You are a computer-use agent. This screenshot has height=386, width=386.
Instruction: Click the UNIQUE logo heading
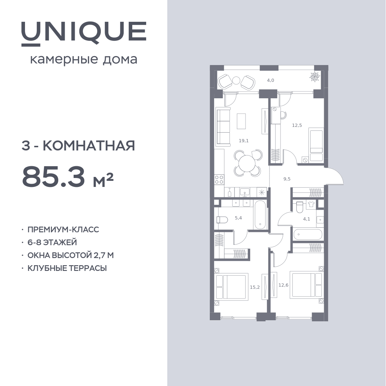(x=84, y=34)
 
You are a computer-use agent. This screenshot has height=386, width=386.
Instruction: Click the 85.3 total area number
(x=53, y=176)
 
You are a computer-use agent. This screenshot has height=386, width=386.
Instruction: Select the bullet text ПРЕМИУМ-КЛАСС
(x=63, y=229)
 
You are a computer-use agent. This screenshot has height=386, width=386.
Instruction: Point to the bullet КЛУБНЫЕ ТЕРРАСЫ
(x=67, y=268)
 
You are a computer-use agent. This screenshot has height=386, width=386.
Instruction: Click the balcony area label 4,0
(x=271, y=80)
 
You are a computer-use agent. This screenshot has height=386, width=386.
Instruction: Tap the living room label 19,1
(x=244, y=141)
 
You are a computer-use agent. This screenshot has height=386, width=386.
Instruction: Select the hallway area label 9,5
(x=287, y=179)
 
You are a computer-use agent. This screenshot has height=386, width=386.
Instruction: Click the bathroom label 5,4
(x=238, y=218)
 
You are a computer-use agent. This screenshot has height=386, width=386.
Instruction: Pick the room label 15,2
(x=255, y=287)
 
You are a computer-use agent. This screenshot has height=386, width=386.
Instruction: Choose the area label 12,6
(x=283, y=285)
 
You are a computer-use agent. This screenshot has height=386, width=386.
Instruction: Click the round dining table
(x=247, y=163)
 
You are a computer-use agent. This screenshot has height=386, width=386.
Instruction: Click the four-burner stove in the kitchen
(x=219, y=179)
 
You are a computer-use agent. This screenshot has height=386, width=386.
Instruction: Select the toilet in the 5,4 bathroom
(x=222, y=219)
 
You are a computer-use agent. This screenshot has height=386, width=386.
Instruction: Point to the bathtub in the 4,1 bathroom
(x=308, y=234)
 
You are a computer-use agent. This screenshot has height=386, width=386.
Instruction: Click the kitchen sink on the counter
(x=244, y=192)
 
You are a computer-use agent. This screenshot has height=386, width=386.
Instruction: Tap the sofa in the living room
(x=223, y=127)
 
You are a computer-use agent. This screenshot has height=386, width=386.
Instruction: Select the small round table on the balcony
(x=236, y=80)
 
